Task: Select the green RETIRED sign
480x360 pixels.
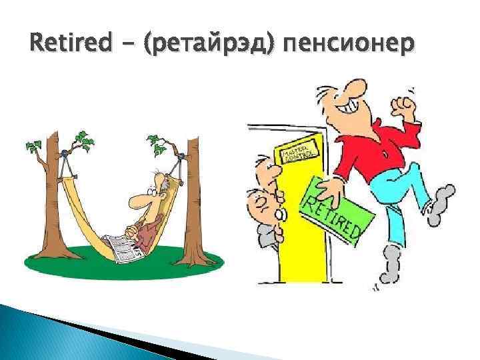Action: click(333, 207)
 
